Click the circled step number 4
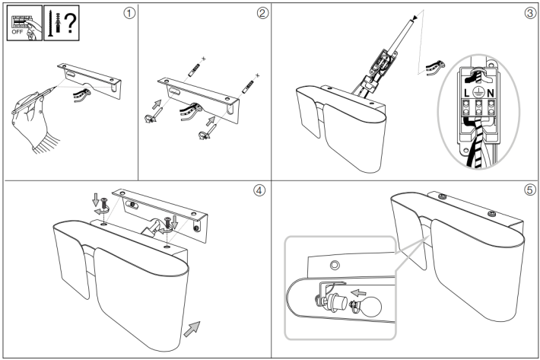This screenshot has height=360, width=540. (x=260, y=191)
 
